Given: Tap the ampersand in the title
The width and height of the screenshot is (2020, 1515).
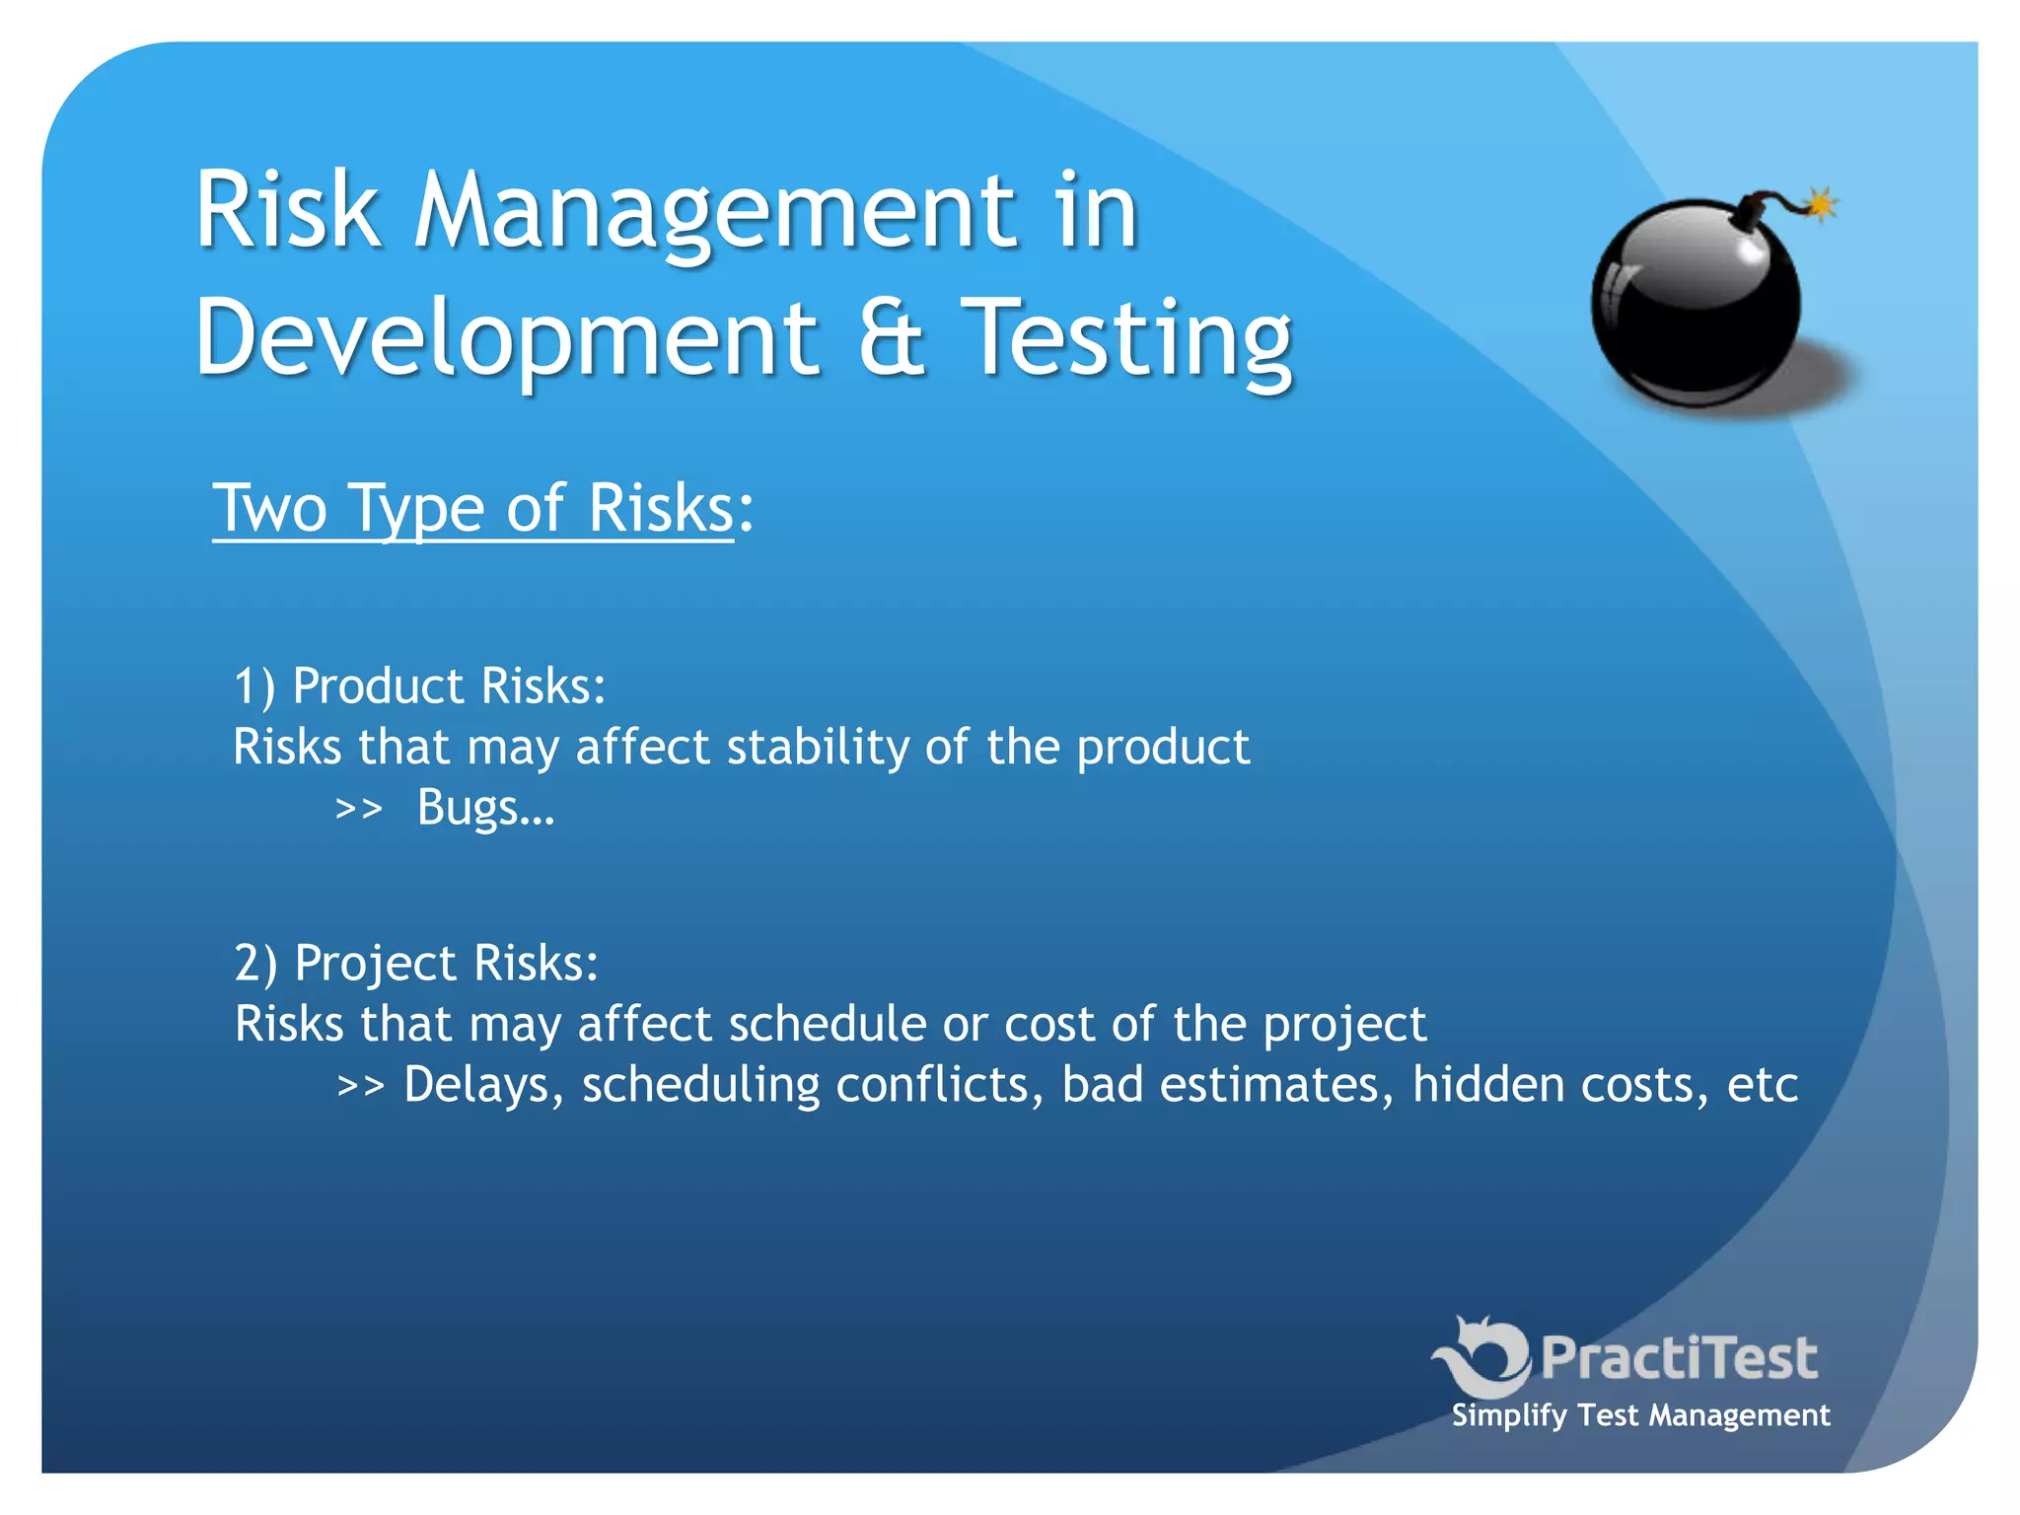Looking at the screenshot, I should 892,337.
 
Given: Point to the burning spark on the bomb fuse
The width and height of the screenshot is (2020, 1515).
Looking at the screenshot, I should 1820,204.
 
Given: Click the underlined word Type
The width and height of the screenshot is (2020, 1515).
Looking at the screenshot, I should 416,511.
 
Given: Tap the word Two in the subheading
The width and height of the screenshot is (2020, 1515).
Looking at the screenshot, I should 269,509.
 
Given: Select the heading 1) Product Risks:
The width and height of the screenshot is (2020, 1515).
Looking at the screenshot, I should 419,685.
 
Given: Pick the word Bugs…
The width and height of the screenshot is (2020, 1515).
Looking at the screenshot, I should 485,809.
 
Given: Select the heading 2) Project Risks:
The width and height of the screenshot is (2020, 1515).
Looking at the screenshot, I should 416,963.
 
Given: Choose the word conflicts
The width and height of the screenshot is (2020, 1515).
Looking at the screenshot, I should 939,1085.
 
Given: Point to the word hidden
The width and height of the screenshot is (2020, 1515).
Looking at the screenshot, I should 1486,1085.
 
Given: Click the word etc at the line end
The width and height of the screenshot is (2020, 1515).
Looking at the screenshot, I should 1763,1085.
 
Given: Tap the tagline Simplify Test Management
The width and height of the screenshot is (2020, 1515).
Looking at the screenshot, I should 1640,1415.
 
